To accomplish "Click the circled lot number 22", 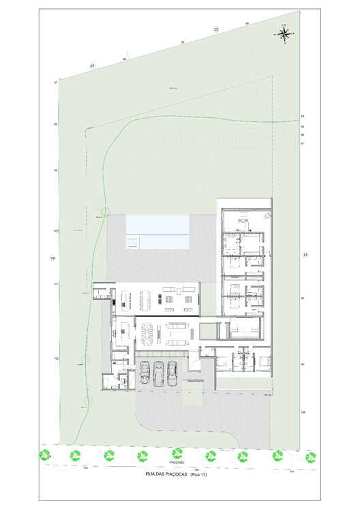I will [x=216, y=29].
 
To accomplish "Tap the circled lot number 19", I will [x=52, y=258].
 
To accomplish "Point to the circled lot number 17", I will [x=305, y=255].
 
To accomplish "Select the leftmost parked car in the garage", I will [x=145, y=372].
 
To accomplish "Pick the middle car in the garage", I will [x=159, y=372].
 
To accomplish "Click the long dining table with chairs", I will [x=146, y=298].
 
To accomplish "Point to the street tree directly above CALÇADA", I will [x=176, y=452].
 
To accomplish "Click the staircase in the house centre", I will [x=147, y=334].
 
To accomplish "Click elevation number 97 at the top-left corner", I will [x=55, y=82].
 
